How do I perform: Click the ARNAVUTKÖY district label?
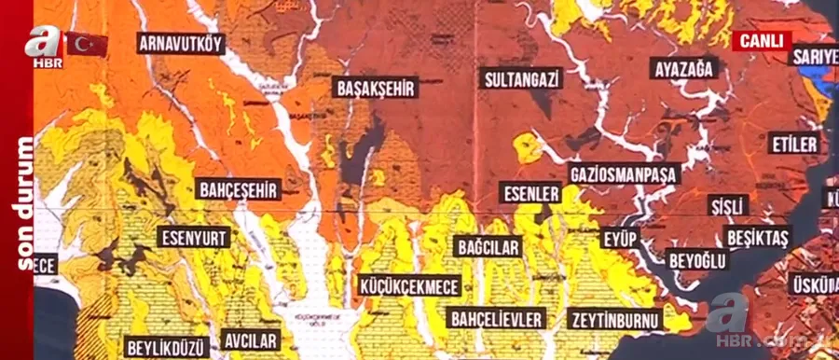point(181,43)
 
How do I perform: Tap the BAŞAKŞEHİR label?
point(375,88)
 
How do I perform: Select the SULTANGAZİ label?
point(521,78)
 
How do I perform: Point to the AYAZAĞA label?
point(683,69)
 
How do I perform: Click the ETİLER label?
point(794,144)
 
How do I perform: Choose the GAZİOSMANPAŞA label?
point(624,173)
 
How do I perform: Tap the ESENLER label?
point(531,194)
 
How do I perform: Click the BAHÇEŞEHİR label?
point(239,190)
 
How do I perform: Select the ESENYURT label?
point(194,237)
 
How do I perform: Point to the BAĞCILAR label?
point(488,247)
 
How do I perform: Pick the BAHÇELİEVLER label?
point(496,319)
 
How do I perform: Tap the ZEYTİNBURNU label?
point(614,319)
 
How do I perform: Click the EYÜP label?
point(620,239)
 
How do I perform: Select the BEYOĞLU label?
point(697,260)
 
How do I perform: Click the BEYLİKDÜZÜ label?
point(166,347)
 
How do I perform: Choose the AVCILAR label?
point(251,339)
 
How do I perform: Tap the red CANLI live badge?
point(761,41)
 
